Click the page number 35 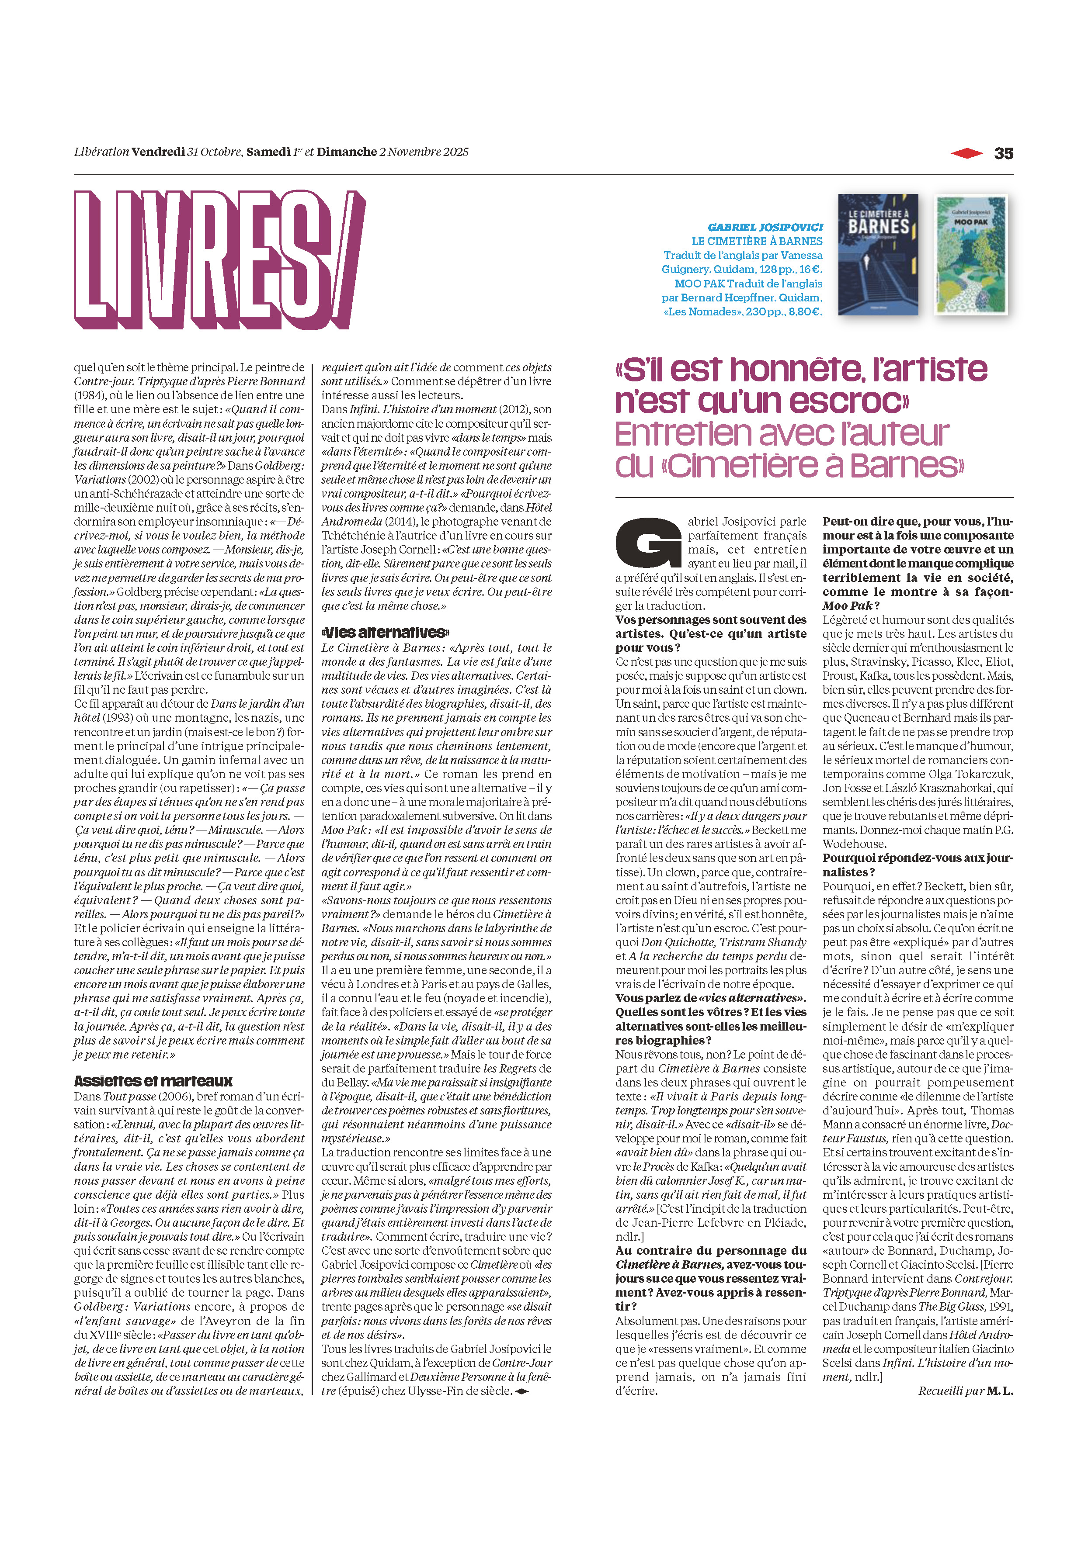pos(1003,154)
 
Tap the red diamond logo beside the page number pos(967,154)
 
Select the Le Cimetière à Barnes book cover pos(878,255)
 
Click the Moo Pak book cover pos(970,255)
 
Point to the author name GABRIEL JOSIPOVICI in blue pos(765,227)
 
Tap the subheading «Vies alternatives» pos(385,633)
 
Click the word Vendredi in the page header pos(158,152)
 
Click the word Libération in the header pos(101,152)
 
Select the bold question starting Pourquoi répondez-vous pos(917,865)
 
